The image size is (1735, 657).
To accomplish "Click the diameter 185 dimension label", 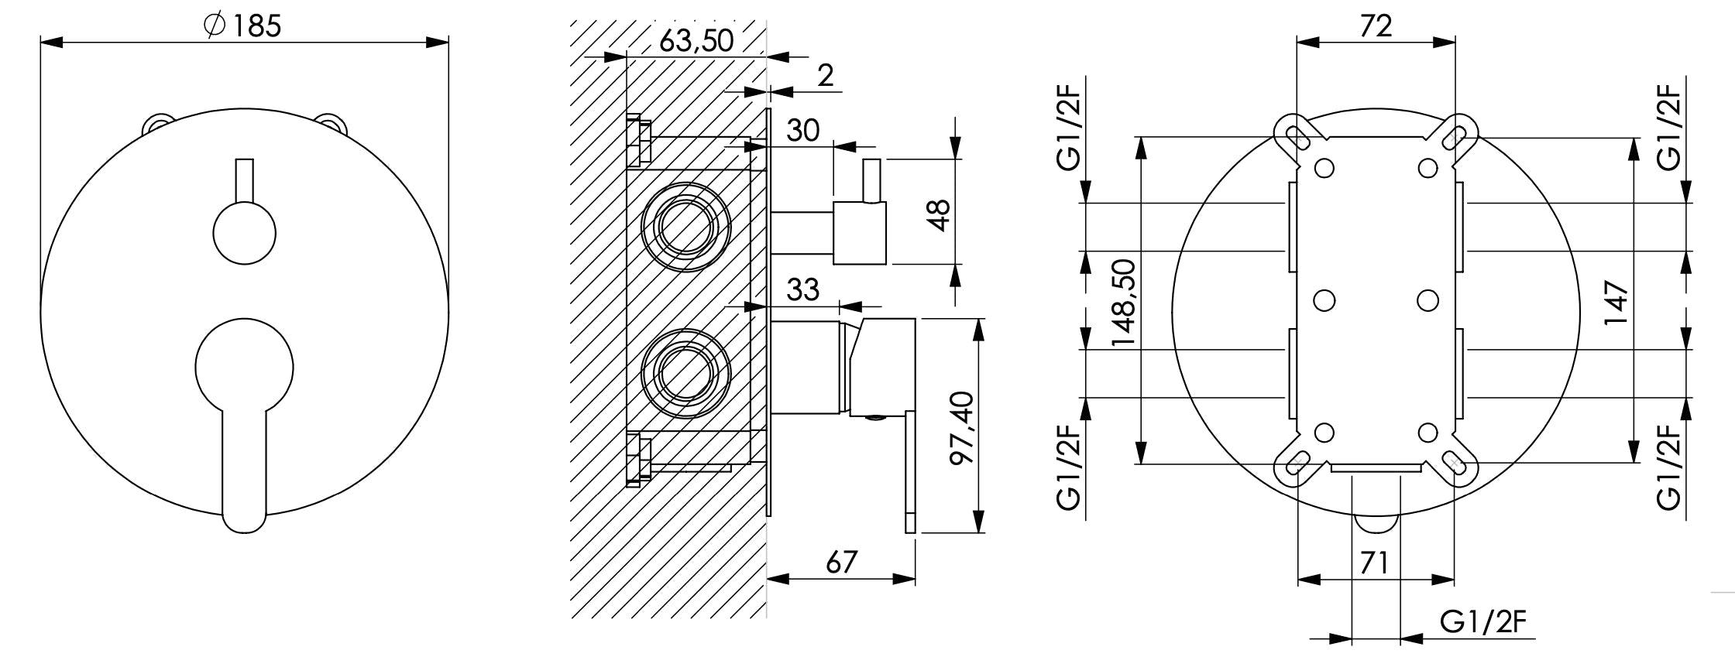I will click(242, 26).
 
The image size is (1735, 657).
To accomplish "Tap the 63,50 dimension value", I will click(696, 41).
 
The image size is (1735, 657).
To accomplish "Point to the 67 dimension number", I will click(841, 563).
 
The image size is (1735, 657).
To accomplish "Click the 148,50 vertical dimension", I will click(1122, 303).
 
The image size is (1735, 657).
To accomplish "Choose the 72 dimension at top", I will click(1376, 26).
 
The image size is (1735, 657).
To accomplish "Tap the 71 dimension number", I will click(1373, 563).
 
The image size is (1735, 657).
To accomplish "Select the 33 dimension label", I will click(802, 290).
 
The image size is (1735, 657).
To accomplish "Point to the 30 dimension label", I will click(802, 130).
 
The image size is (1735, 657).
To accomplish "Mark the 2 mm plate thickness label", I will click(826, 76).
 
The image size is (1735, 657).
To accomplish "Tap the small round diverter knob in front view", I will click(244, 232).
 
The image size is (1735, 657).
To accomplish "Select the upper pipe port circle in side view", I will click(685, 227).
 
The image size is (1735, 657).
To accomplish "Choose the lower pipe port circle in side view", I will click(685, 374).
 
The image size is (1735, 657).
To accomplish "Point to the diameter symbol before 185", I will click(215, 26).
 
